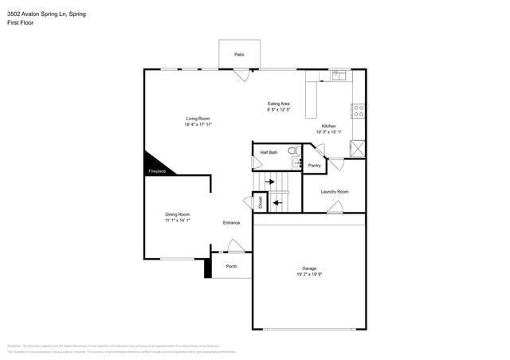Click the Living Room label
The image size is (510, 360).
198,118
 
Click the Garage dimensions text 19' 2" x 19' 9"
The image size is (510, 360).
309,275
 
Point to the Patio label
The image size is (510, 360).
238,54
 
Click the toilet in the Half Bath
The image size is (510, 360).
292,151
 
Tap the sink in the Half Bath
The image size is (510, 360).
296,163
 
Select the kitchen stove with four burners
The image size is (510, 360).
359,110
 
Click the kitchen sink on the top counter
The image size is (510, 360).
337,76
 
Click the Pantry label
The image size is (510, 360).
314,166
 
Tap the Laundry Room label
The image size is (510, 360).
334,191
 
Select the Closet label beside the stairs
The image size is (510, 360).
260,202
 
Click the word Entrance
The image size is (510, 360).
231,222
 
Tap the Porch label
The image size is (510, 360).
231,266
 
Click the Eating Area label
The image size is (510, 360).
278,104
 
